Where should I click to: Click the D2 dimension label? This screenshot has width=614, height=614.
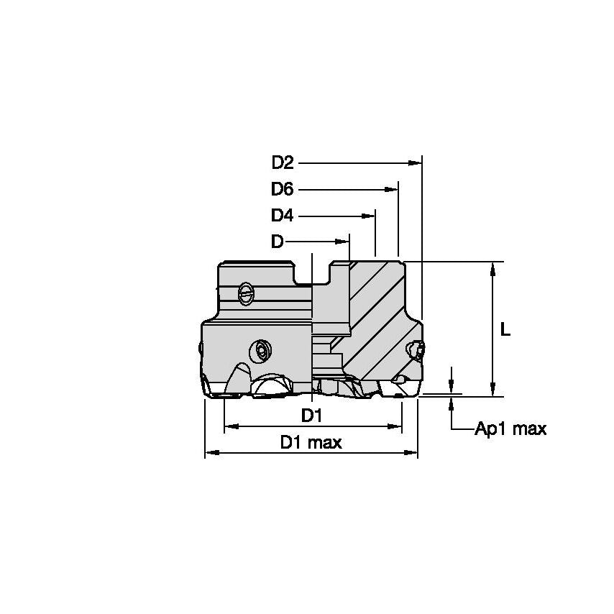click(x=283, y=162)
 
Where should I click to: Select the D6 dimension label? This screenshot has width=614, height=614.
click(x=282, y=189)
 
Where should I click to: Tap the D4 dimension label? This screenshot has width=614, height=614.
click(x=282, y=216)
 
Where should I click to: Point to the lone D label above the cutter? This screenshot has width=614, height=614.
click(x=277, y=242)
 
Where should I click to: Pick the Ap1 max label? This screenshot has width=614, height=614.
click(x=510, y=429)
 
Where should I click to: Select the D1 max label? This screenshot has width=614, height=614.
click(x=311, y=442)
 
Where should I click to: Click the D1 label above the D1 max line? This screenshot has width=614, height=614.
click(x=311, y=416)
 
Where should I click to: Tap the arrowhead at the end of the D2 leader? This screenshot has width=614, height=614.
click(x=415, y=163)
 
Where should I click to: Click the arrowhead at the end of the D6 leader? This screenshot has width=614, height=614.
click(x=391, y=190)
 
